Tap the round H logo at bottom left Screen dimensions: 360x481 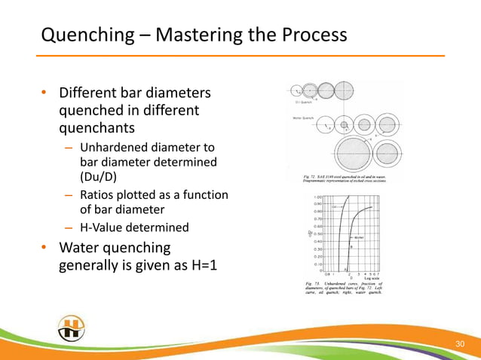71,329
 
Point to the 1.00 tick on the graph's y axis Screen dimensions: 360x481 319,197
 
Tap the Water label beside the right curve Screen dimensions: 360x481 359,237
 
